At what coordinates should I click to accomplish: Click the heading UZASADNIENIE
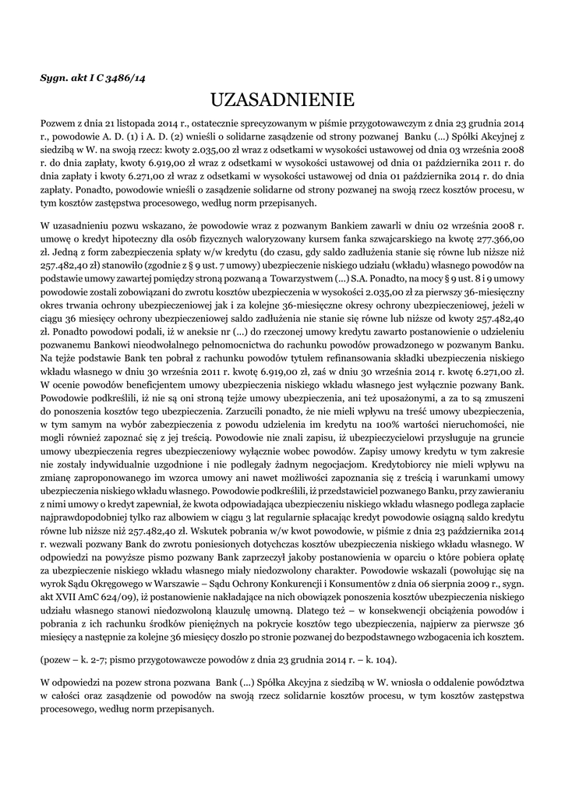tap(282, 101)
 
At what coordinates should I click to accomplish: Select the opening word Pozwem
tap(58, 123)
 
